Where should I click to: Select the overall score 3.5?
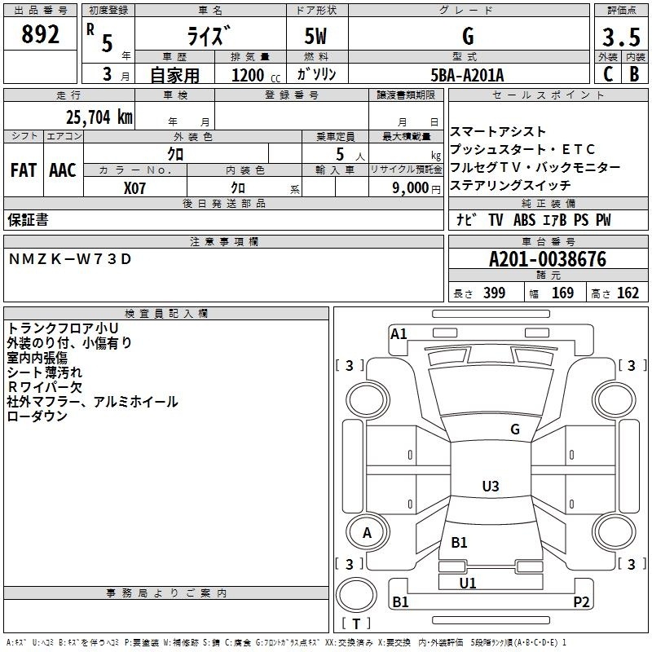(619, 37)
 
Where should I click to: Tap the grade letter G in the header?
(468, 37)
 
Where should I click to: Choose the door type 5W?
(316, 37)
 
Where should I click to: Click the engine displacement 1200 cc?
(249, 75)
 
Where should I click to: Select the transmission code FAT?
(23, 170)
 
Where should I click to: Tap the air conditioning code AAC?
(62, 170)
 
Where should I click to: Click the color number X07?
(135, 187)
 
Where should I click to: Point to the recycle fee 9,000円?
(416, 188)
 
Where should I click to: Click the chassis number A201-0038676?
(547, 260)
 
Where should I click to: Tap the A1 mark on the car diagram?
(399, 333)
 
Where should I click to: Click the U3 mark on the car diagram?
(490, 487)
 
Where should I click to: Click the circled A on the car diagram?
(367, 533)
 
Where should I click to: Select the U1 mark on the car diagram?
(468, 583)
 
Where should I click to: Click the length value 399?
(493, 293)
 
